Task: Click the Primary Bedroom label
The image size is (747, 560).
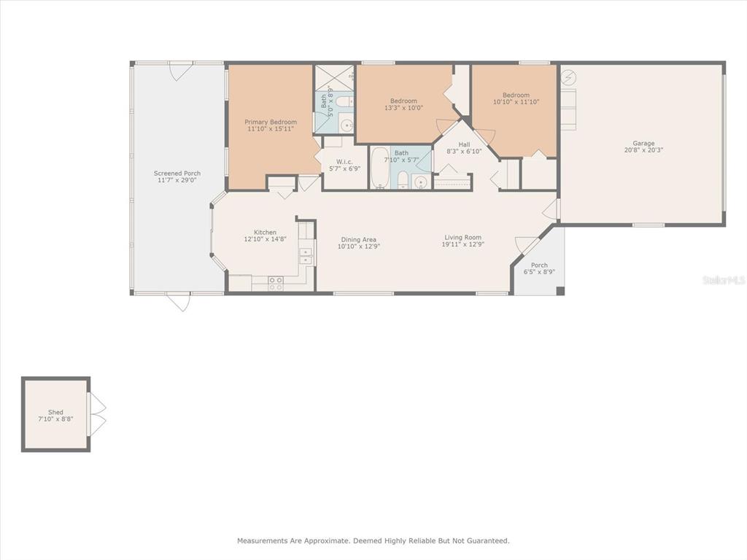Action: pyautogui.click(x=271, y=122)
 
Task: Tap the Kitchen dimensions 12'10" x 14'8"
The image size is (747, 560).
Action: pyautogui.click(x=265, y=239)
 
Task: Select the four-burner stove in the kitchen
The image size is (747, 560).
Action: pyautogui.click(x=275, y=284)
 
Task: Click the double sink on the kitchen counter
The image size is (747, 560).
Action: pyautogui.click(x=306, y=256)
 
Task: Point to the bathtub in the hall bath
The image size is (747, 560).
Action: pyautogui.click(x=379, y=168)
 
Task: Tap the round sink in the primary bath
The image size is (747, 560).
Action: pyautogui.click(x=347, y=125)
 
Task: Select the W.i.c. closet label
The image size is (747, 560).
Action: pyautogui.click(x=344, y=162)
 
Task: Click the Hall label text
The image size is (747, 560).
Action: pyautogui.click(x=464, y=144)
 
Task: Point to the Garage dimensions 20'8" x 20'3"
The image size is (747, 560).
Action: pyautogui.click(x=643, y=150)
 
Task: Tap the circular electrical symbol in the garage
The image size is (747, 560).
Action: pyautogui.click(x=568, y=77)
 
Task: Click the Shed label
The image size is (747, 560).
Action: pyautogui.click(x=55, y=412)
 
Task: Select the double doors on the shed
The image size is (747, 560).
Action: pyautogui.click(x=97, y=414)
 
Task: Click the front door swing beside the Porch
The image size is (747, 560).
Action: pyautogui.click(x=525, y=244)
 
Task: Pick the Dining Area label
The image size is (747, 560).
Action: pyautogui.click(x=358, y=239)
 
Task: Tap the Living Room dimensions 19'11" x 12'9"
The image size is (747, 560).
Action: pyautogui.click(x=462, y=244)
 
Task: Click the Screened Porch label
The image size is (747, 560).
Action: pyautogui.click(x=177, y=174)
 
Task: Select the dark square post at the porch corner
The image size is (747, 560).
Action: pyautogui.click(x=560, y=290)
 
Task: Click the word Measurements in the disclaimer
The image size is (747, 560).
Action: pyautogui.click(x=263, y=540)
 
